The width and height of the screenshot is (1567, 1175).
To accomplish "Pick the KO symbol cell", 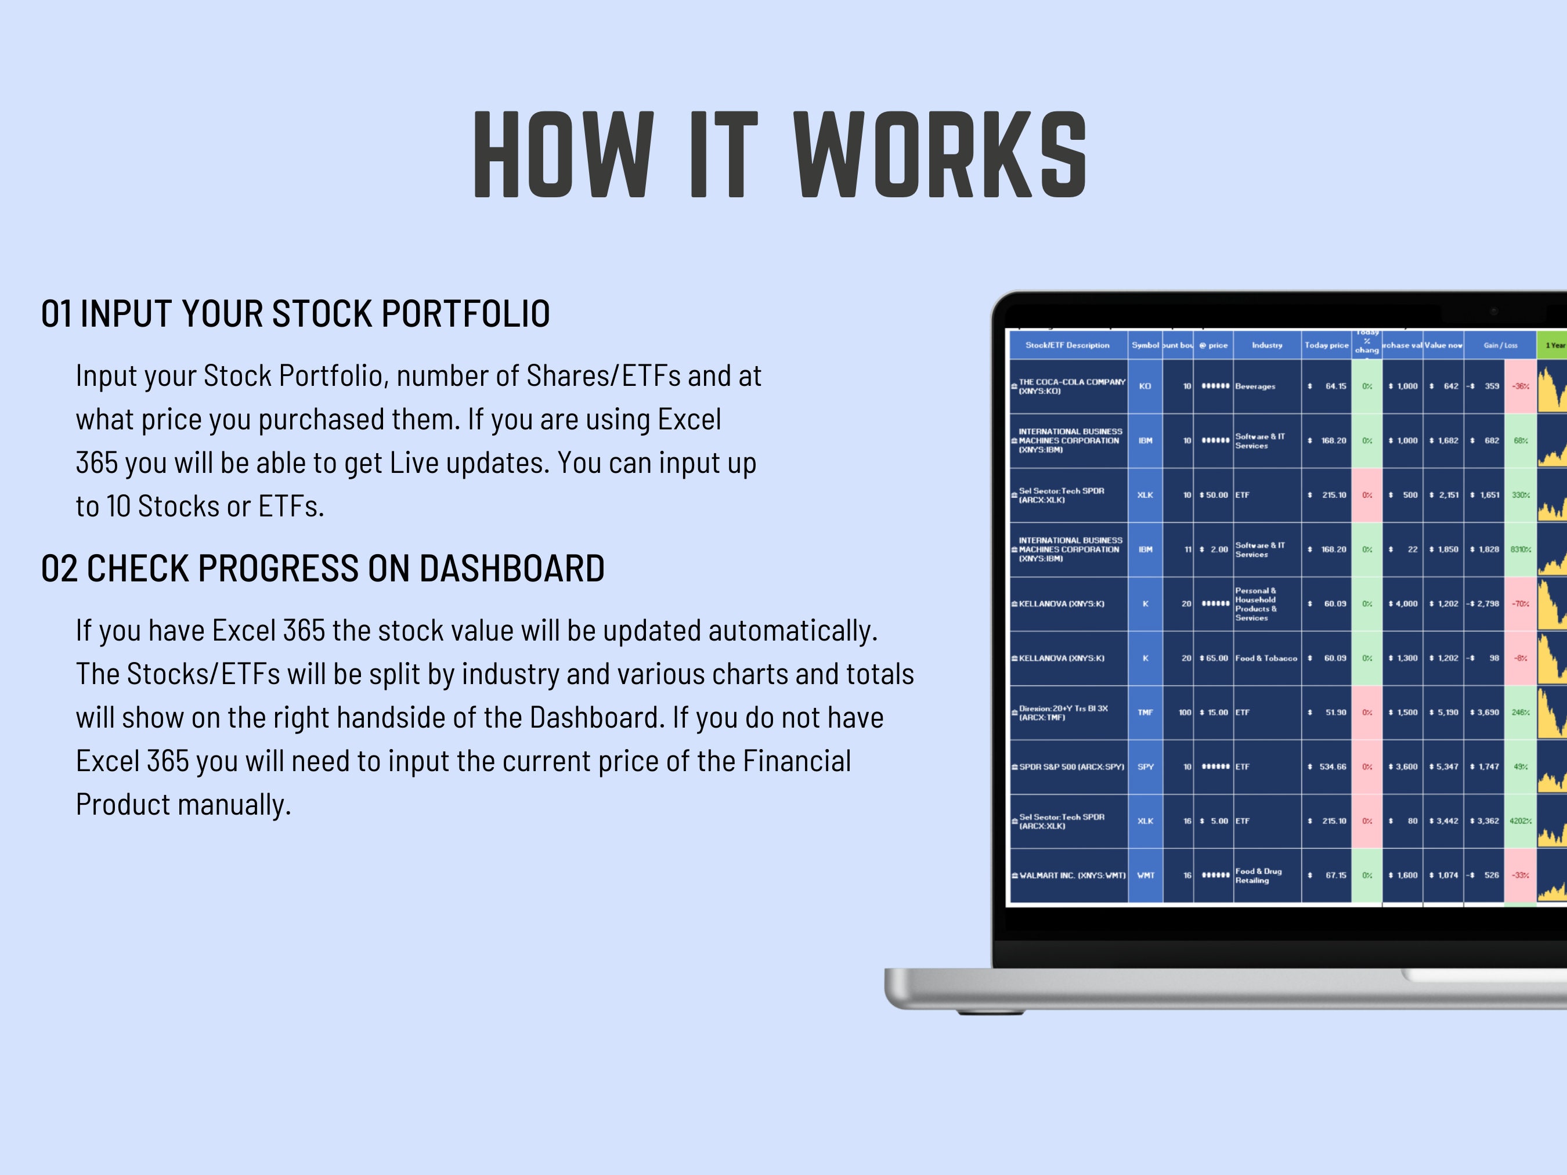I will [1145, 386].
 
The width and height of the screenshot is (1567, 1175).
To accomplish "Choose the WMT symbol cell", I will [1145, 876].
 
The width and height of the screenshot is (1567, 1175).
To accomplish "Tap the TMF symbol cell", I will [1145, 713].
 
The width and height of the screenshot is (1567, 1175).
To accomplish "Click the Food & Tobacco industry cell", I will [1266, 659].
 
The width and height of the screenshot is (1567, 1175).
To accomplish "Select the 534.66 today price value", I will [1332, 767].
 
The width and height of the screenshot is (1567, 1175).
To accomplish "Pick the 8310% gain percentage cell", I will [1519, 549].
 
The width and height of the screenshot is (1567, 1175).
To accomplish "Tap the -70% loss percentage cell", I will [1519, 604].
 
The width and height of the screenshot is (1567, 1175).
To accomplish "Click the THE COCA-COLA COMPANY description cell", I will [1071, 386].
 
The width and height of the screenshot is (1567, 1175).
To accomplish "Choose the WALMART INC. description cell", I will [1072, 876].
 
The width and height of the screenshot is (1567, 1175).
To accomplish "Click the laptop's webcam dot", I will [1494, 312].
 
